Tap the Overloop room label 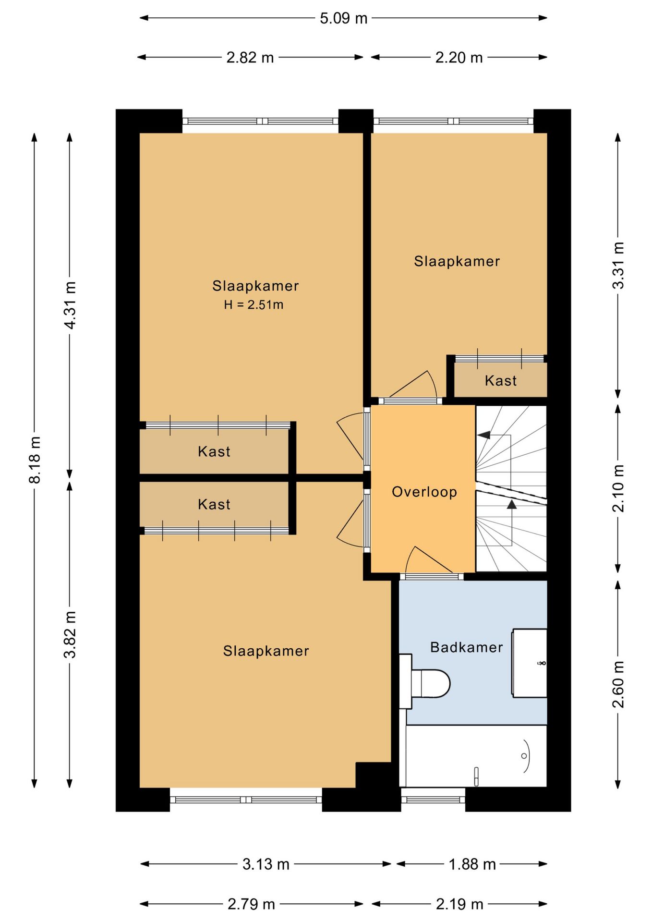click(424, 492)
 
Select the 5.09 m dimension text click(344, 18)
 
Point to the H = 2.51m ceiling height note click(254, 304)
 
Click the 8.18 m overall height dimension click(35, 460)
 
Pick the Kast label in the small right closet click(501, 381)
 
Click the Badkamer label click(467, 647)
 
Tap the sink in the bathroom click(529, 663)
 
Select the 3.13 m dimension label click(266, 864)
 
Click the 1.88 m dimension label click(472, 864)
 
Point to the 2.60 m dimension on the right click(618, 684)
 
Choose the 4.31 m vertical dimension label click(70, 305)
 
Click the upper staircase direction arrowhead click(483, 435)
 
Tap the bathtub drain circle click(524, 755)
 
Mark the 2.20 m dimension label click(459, 58)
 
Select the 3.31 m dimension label click(618, 265)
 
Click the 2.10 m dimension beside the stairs click(618, 488)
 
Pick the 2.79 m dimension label click(251, 904)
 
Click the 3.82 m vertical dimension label click(70, 634)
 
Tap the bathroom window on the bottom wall click(433, 800)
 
